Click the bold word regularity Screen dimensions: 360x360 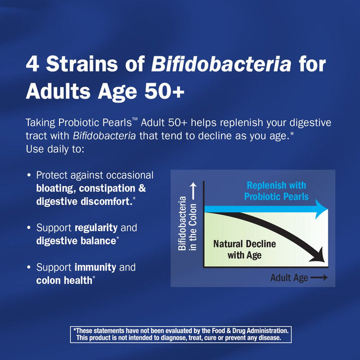pyautogui.click(x=97, y=228)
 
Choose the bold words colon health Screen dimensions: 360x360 pyautogui.click(x=64, y=280)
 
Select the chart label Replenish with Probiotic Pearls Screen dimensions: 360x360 pyautogui.click(x=276, y=191)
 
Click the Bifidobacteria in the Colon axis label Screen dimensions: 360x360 pyautogui.click(x=188, y=225)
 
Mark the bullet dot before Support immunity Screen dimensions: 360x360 pyautogui.click(x=29, y=268)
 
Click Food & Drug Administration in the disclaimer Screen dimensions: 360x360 pyautogui.click(x=245, y=331)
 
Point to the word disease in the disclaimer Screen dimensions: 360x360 pyautogui.click(x=274, y=338)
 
